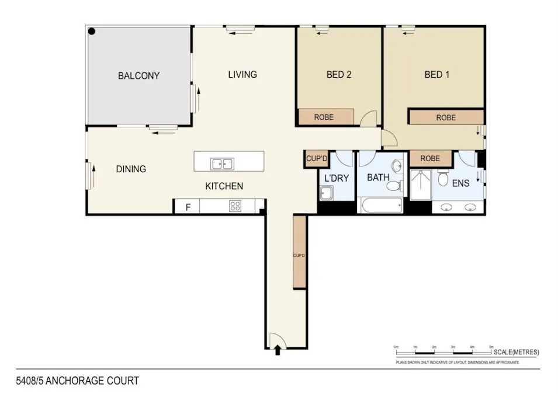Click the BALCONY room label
point(138,76)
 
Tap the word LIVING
point(242,74)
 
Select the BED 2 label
point(338,74)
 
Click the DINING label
point(131,169)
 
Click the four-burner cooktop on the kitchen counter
point(236,205)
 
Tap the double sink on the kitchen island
point(222,164)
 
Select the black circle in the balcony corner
point(92,32)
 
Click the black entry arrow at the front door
point(278,349)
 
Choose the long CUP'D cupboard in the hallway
point(299,252)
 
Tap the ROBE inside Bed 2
point(325,117)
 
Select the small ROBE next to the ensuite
point(431,158)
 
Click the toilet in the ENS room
point(443,176)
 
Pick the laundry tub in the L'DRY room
point(327,193)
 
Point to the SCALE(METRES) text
point(516,352)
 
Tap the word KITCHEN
point(223,186)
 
